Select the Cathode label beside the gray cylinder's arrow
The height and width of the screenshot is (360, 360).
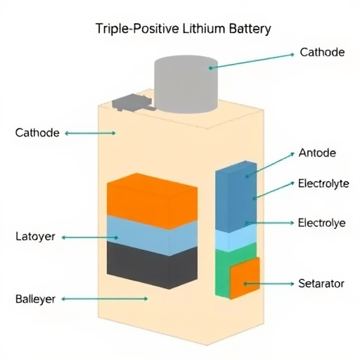pyautogui.click(x=322, y=52)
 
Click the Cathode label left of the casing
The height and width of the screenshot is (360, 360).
pyautogui.click(x=37, y=133)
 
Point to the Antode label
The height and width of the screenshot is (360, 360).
pyautogui.click(x=317, y=153)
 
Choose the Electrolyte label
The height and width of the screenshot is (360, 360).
pyautogui.click(x=323, y=184)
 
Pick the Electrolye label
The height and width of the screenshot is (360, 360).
pyautogui.click(x=321, y=223)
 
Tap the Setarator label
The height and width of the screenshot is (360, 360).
pyautogui.click(x=321, y=283)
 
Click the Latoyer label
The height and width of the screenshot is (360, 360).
pyautogui.click(x=35, y=236)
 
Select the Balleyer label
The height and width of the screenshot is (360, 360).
pyautogui.click(x=35, y=299)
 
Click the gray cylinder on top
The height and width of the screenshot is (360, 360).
pyautogui.click(x=186, y=84)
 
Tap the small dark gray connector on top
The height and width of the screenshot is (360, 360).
pyautogui.click(x=132, y=103)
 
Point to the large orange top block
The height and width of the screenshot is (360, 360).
pyautogui.click(x=152, y=201)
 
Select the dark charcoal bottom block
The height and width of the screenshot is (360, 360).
pyautogui.click(x=152, y=266)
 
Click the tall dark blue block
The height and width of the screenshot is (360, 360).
pyautogui.click(x=236, y=196)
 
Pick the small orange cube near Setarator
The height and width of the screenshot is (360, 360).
pyautogui.click(x=245, y=278)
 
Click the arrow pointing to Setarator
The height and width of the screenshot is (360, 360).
pyautogui.click(x=269, y=283)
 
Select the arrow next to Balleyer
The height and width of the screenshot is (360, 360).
pyautogui.click(x=105, y=299)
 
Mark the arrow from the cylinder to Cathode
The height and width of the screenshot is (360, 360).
pyautogui.click(x=251, y=61)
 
